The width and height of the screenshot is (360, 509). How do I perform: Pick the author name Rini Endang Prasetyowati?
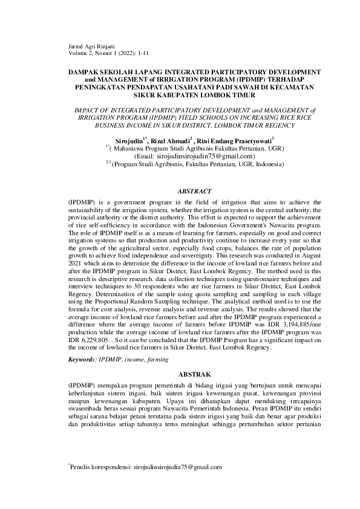[x=237, y=139]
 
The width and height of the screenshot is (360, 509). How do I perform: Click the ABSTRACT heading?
[x=194, y=191]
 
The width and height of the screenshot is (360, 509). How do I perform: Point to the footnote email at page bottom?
[x=177, y=467]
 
